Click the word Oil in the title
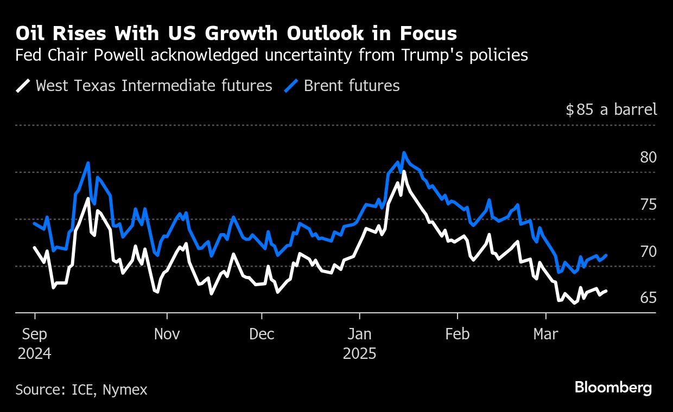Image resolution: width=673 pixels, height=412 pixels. click(x=30, y=34)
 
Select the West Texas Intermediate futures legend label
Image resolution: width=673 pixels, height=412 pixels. click(x=154, y=86)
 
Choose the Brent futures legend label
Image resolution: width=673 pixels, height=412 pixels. click(x=352, y=86)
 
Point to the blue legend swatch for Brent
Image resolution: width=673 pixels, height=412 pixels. click(x=292, y=86)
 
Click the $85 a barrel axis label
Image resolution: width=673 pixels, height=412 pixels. click(x=611, y=110)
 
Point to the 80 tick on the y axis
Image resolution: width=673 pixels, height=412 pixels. click(x=648, y=158)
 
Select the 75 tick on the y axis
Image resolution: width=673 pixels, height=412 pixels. click(x=648, y=205)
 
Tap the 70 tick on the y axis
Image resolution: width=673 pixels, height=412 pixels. click(x=648, y=252)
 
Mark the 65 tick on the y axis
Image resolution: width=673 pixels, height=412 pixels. click(x=648, y=298)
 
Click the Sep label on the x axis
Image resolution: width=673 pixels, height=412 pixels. click(x=34, y=334)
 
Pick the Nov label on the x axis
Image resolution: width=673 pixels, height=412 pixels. click(x=167, y=334)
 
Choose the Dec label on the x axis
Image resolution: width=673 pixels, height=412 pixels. click(x=262, y=334)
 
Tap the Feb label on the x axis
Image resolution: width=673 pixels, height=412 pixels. click(x=458, y=334)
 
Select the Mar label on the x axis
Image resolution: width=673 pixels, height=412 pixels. click(x=545, y=334)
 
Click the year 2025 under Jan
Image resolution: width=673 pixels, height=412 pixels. click(x=359, y=354)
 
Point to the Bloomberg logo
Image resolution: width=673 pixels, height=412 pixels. click(x=613, y=388)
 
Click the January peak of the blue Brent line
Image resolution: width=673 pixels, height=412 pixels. click(x=403, y=153)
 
